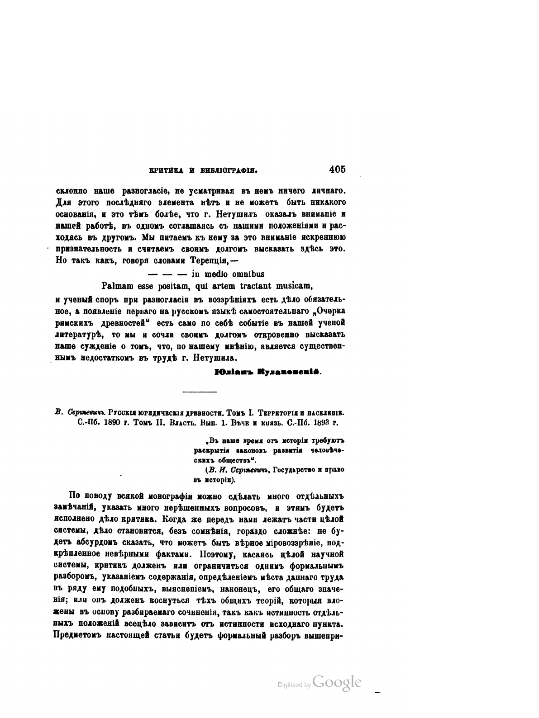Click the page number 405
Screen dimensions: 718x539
337,170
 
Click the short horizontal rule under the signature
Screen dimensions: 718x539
199,392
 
